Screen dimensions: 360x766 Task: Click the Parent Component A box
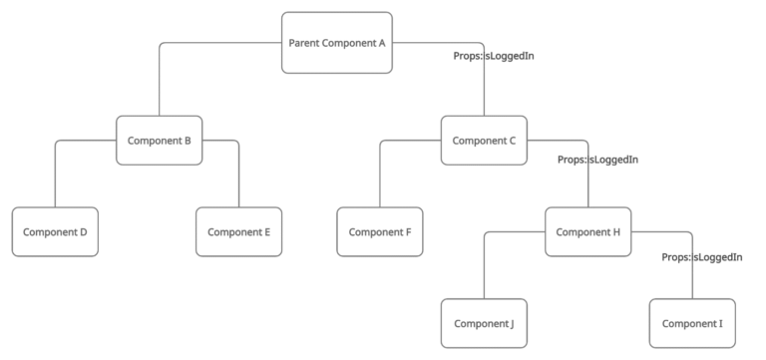(336, 43)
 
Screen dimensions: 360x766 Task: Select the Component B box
(159, 141)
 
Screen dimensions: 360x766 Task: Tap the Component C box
(484, 141)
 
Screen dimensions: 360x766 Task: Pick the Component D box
(55, 232)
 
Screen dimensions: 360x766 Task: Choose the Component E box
(239, 232)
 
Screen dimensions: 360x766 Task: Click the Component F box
(380, 232)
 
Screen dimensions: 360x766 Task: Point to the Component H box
(587, 232)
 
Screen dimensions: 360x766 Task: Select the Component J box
(484, 323)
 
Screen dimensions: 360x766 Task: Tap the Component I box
(692, 323)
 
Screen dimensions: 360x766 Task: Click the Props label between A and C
(495, 56)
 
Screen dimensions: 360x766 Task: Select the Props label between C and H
(597, 160)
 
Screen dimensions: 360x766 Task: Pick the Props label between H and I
(702, 257)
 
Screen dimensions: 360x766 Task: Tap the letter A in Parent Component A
(382, 43)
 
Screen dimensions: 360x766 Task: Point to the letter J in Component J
(511, 323)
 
